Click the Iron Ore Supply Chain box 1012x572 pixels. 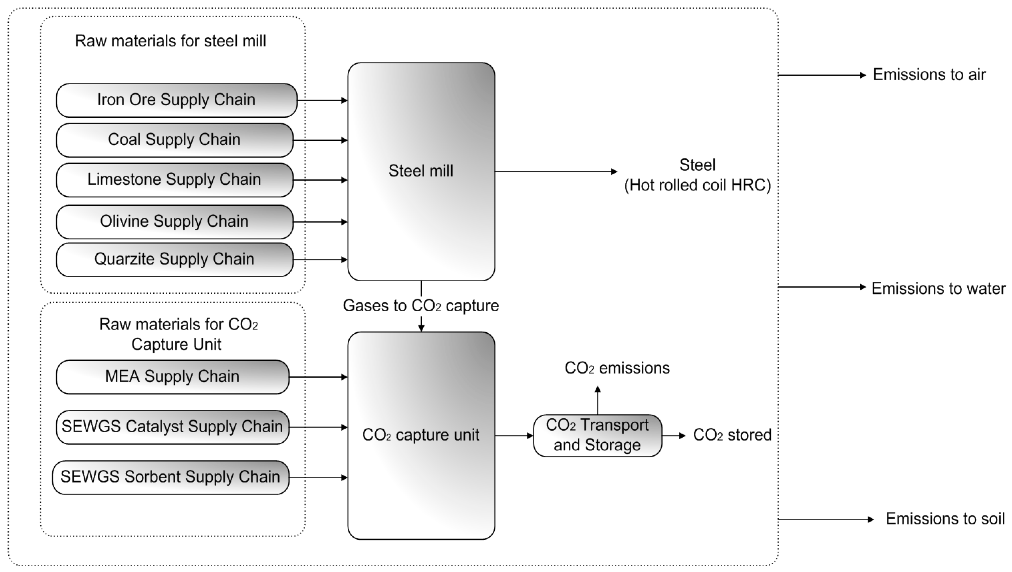(176, 100)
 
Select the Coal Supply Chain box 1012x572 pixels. (174, 140)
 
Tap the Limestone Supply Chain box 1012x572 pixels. (174, 179)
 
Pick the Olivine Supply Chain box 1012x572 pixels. (174, 222)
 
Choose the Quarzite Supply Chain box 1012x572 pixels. (174, 259)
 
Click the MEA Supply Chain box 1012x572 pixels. (172, 377)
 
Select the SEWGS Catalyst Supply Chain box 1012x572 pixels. (172, 427)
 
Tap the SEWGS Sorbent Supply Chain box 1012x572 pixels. (170, 477)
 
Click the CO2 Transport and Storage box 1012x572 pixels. (597, 435)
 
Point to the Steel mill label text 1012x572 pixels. (421, 171)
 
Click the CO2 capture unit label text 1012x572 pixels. (421, 435)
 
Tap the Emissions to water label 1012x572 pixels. (938, 288)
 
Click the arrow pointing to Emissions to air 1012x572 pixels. (821, 75)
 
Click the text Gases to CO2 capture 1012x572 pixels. (421, 306)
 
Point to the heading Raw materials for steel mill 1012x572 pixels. (170, 41)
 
